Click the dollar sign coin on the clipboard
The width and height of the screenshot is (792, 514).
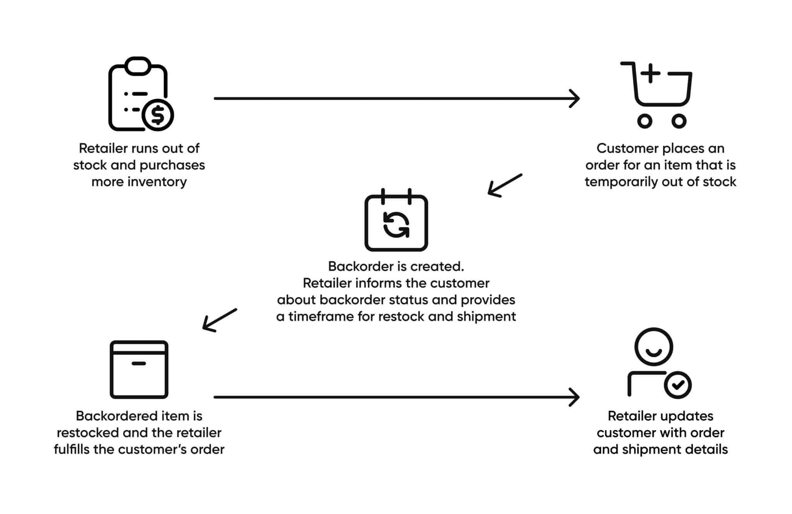pos(158,115)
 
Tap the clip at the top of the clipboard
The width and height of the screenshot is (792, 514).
pos(138,66)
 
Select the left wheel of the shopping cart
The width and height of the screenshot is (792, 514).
pos(644,121)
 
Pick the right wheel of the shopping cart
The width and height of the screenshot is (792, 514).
pos(679,121)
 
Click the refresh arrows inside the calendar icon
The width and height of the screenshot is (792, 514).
pos(396,225)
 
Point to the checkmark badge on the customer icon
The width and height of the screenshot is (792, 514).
pos(678,385)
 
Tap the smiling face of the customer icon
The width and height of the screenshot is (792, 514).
pos(654,347)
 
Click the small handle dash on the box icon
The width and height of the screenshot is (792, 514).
pos(138,364)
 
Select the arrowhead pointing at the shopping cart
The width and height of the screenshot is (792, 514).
pos(575,99)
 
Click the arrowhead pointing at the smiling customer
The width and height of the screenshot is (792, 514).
pos(575,397)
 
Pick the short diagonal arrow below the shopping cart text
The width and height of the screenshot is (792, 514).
pos(504,186)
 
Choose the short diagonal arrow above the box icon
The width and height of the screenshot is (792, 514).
pos(219,320)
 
